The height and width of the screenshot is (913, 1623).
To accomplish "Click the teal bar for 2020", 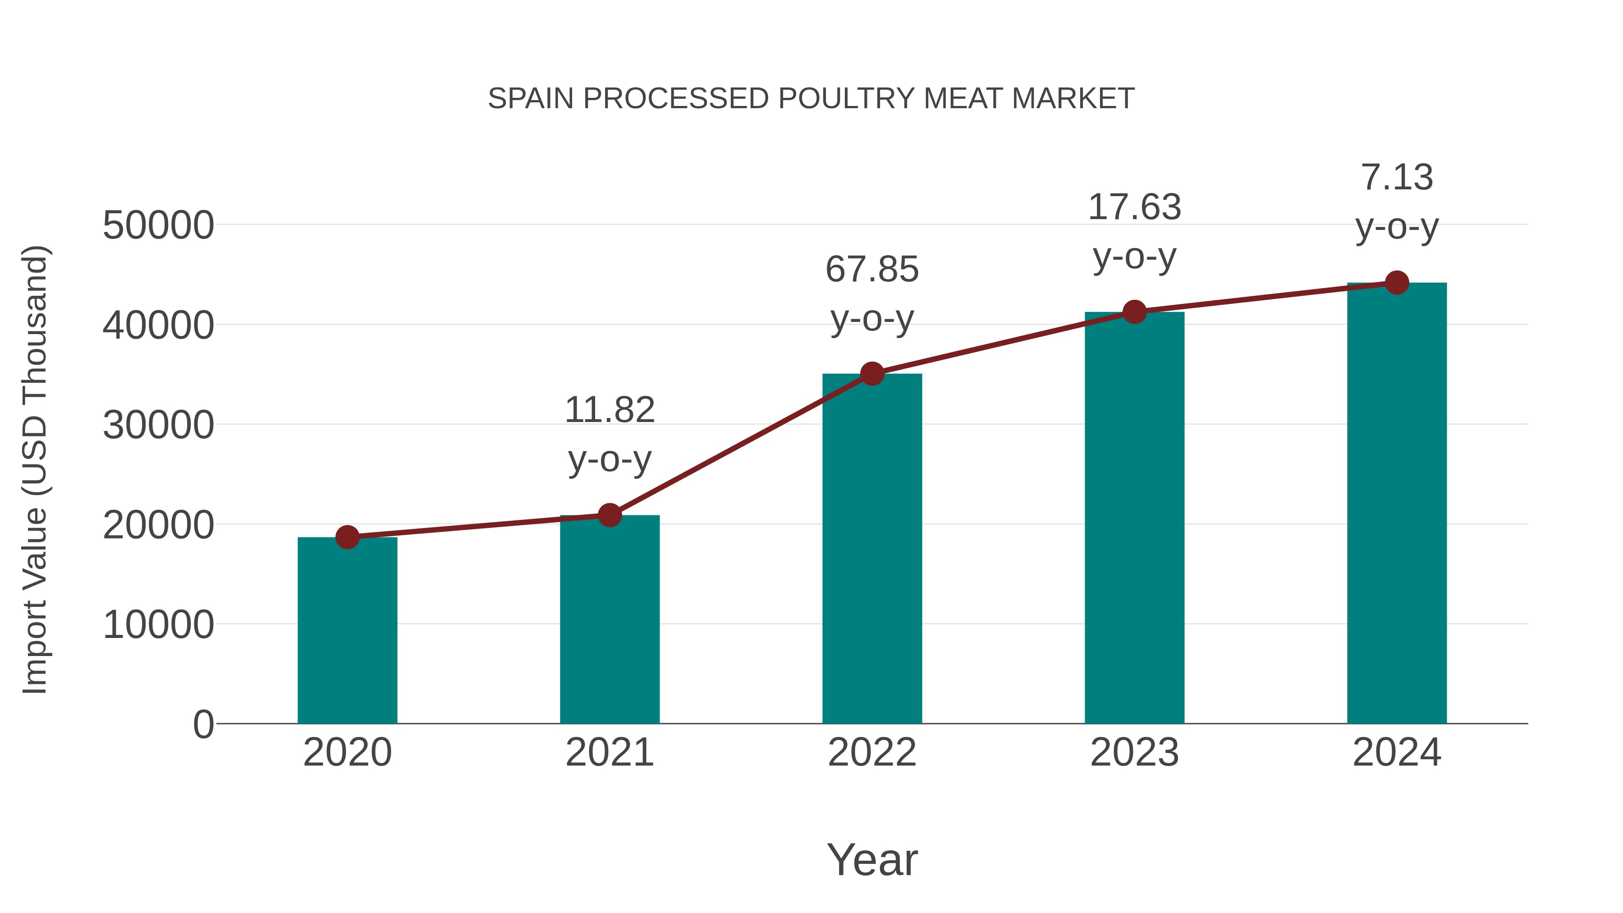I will [347, 630].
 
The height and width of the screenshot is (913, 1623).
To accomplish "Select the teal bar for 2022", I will [872, 548].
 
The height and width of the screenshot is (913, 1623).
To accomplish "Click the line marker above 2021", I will [609, 515].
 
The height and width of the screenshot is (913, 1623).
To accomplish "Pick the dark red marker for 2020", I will [347, 537].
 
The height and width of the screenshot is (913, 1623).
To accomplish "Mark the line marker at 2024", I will [1397, 283].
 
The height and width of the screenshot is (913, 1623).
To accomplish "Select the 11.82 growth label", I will [609, 434].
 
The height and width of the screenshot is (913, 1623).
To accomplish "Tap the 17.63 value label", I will [1134, 231].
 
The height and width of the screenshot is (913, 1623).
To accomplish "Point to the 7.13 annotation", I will [1397, 202].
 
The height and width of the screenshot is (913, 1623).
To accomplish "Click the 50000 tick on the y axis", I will [158, 225].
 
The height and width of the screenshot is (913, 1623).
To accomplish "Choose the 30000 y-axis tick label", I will [158, 425].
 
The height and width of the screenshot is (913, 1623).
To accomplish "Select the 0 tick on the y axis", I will [203, 725].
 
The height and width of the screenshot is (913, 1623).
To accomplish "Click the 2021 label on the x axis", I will [609, 752].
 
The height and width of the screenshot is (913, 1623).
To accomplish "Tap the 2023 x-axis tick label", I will [1134, 752].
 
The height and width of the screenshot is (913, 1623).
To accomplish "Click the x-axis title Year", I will [872, 859].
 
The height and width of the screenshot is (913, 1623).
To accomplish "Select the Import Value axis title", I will [35, 469].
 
